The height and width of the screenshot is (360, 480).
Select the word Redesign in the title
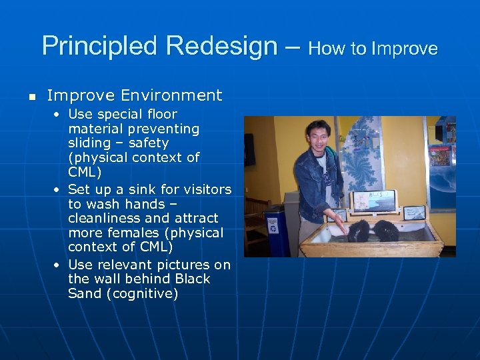223,46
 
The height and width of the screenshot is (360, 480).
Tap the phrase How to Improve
373,49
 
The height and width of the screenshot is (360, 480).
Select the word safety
149,143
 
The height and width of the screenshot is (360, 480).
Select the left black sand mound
359,231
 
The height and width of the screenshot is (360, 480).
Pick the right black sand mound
385,230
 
